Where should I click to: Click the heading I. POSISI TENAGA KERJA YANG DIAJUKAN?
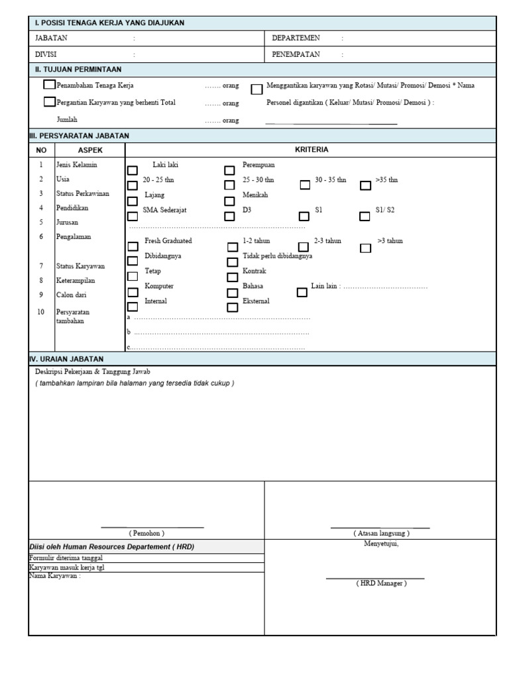point(109,23)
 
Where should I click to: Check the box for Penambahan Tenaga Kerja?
point(49,85)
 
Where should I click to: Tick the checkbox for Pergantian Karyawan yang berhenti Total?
point(49,102)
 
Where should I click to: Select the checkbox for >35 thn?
point(366,186)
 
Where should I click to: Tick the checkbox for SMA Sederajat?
point(133,216)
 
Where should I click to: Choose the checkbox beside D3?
point(230,216)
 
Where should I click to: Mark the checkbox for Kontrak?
point(232,277)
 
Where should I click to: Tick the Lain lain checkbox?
point(302,293)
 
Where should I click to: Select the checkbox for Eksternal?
point(232,307)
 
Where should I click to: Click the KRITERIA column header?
point(311,150)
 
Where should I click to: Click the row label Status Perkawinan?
point(83,193)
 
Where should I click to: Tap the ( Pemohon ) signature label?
point(146,533)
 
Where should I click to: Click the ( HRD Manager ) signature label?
point(381,583)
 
